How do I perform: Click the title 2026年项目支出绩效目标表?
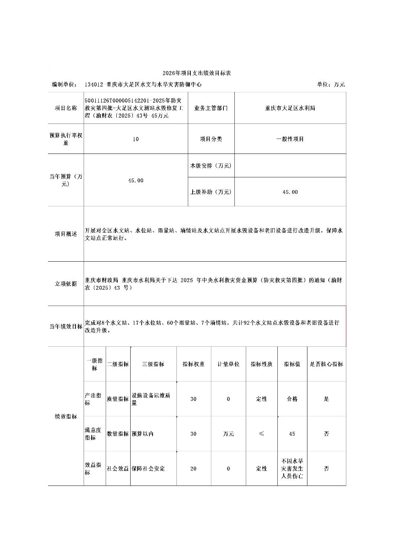point(197,73)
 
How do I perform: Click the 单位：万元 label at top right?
point(331,85)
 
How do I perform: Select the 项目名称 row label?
point(66,108)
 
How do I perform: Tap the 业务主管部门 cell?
point(211,108)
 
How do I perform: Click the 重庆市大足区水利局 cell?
point(290,108)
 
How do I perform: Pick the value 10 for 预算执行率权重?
point(136,139)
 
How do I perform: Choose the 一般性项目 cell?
point(290,139)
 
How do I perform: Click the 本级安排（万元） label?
point(211,166)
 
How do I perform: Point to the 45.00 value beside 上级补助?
point(290,192)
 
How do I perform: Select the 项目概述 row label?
point(66,234)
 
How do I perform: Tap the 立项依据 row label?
point(66,284)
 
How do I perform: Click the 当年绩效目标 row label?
point(66,326)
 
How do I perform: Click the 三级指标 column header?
point(153,364)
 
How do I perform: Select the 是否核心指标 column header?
point(326,364)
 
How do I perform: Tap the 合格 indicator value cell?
point(292,399)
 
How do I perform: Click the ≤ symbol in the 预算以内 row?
point(262,434)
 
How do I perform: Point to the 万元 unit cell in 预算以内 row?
point(228,434)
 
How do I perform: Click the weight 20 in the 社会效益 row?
point(193,469)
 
